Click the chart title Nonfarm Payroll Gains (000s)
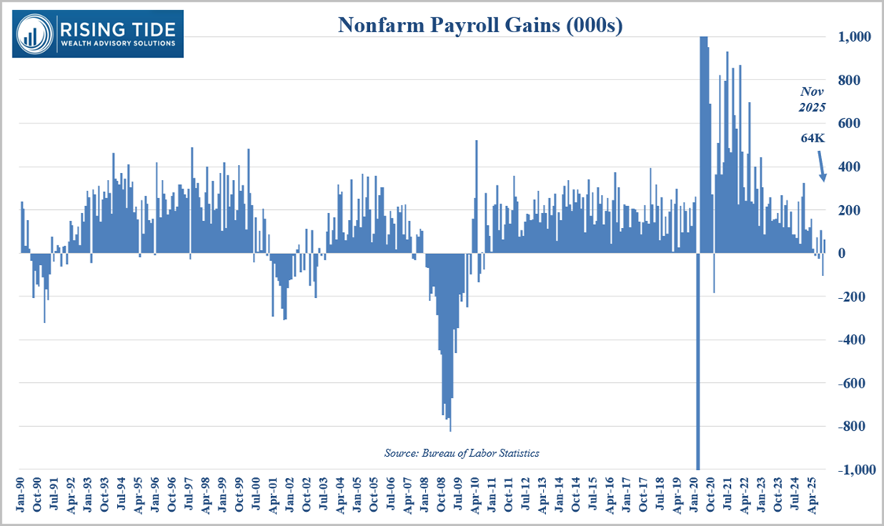point(480,26)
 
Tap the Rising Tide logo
point(97,33)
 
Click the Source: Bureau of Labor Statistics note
point(461,453)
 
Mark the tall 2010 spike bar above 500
point(476,197)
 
